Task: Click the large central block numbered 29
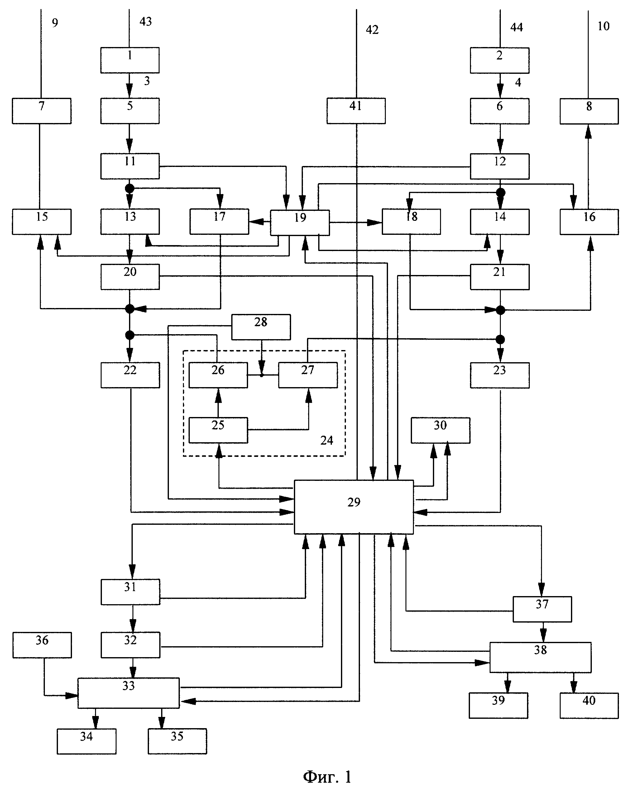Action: [354, 507]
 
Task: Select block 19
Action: [300, 222]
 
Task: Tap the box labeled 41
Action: [356, 111]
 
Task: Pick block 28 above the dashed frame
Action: [261, 327]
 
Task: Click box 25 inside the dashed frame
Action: [218, 430]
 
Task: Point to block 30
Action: [441, 430]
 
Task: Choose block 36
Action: [42, 645]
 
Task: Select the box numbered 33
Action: [128, 693]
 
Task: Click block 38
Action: [540, 657]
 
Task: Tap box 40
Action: [589, 705]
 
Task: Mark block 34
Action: [86, 741]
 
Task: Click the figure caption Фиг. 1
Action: [327, 777]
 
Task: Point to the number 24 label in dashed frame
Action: [327, 440]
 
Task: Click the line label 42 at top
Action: [372, 30]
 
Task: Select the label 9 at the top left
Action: [55, 23]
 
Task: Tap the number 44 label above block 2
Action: [516, 27]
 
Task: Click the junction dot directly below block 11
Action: [129, 188]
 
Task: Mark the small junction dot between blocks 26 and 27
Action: [261, 375]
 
